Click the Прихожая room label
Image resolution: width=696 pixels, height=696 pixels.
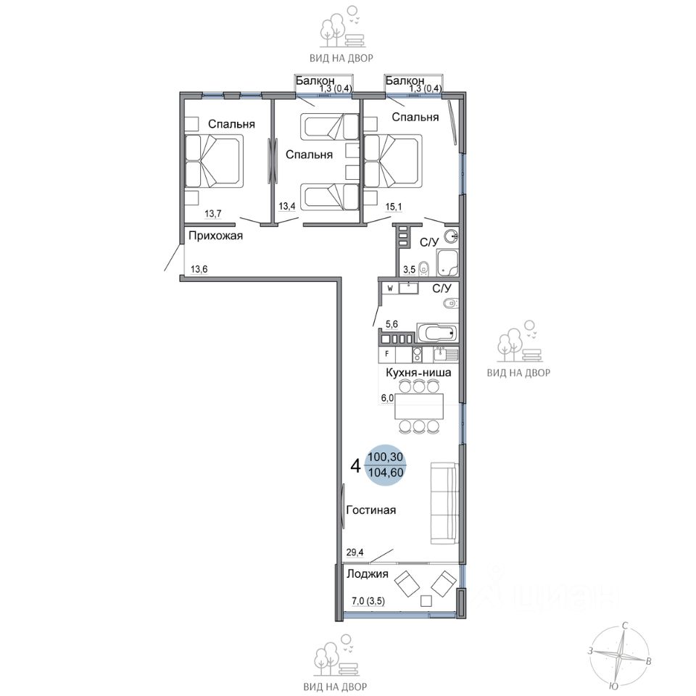point(216,235)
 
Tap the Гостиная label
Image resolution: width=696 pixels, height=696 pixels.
point(370,510)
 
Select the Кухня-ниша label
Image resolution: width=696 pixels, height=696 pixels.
point(418,373)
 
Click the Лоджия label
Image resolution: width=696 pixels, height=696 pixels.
point(367,574)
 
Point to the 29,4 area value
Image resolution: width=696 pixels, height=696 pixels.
point(355,552)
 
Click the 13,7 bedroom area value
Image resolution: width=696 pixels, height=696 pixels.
point(212,214)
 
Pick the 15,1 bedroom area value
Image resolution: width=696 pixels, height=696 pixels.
point(394,206)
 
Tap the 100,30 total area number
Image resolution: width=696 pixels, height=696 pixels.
point(385,456)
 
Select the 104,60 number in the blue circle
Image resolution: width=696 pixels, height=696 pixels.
point(386,473)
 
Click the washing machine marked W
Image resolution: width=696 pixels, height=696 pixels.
point(390,289)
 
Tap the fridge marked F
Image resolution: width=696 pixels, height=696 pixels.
point(387,355)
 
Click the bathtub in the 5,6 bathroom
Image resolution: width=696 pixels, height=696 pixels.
point(437,333)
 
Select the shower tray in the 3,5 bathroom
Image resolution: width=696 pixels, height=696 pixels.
point(447,262)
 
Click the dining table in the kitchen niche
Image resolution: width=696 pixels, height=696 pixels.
point(419,406)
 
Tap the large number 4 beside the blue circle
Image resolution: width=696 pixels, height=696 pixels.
point(355,466)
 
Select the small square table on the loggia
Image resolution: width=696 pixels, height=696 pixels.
point(426,600)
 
